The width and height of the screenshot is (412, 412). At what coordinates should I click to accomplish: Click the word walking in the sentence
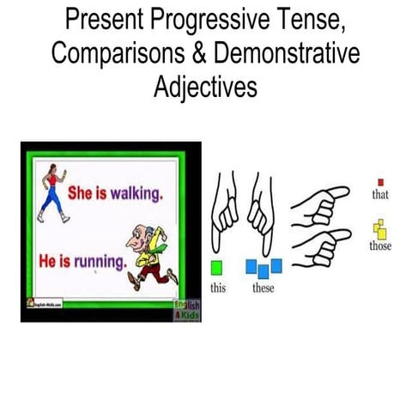pyautogui.click(x=134, y=194)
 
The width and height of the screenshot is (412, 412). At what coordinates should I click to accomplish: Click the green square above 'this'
pyautogui.click(x=218, y=268)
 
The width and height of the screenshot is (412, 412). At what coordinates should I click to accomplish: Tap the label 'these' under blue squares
pyautogui.click(x=264, y=288)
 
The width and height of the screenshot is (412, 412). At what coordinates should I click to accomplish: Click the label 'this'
pyautogui.click(x=218, y=288)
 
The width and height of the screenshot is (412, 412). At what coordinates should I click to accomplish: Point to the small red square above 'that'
pyautogui.click(x=380, y=182)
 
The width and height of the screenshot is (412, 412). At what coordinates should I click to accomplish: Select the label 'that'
pyautogui.click(x=380, y=195)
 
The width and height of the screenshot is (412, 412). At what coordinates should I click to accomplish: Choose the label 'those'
pyautogui.click(x=380, y=246)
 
